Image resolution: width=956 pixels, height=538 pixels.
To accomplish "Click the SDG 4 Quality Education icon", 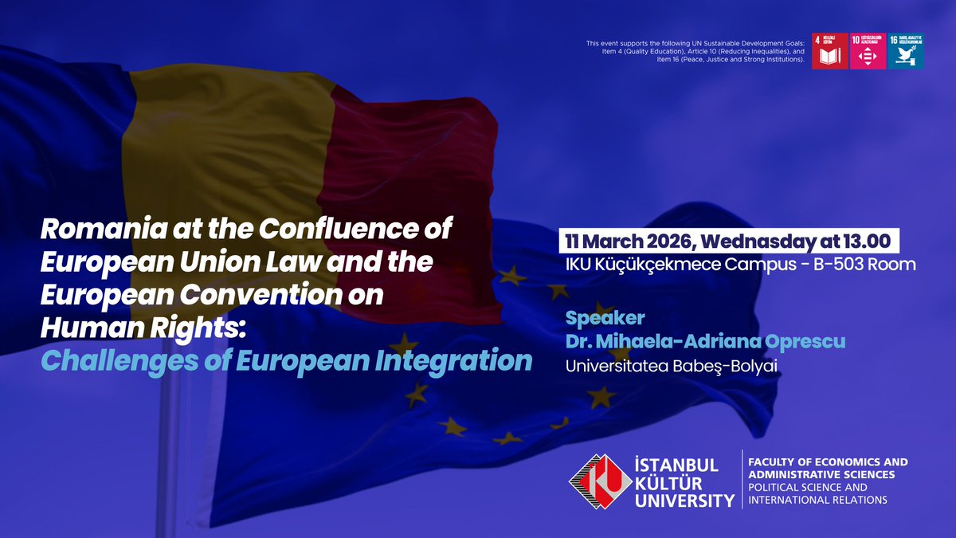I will point(829,51).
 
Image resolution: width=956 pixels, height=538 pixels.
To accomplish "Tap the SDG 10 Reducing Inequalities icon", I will point(868,51).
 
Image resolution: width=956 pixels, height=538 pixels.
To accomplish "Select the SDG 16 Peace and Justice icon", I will point(906,51).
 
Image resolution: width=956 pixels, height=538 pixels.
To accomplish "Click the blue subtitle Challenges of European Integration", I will point(286,360).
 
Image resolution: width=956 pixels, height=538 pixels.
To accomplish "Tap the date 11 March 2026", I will point(629,241).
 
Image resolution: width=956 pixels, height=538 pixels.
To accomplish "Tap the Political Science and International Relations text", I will point(817,493).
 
